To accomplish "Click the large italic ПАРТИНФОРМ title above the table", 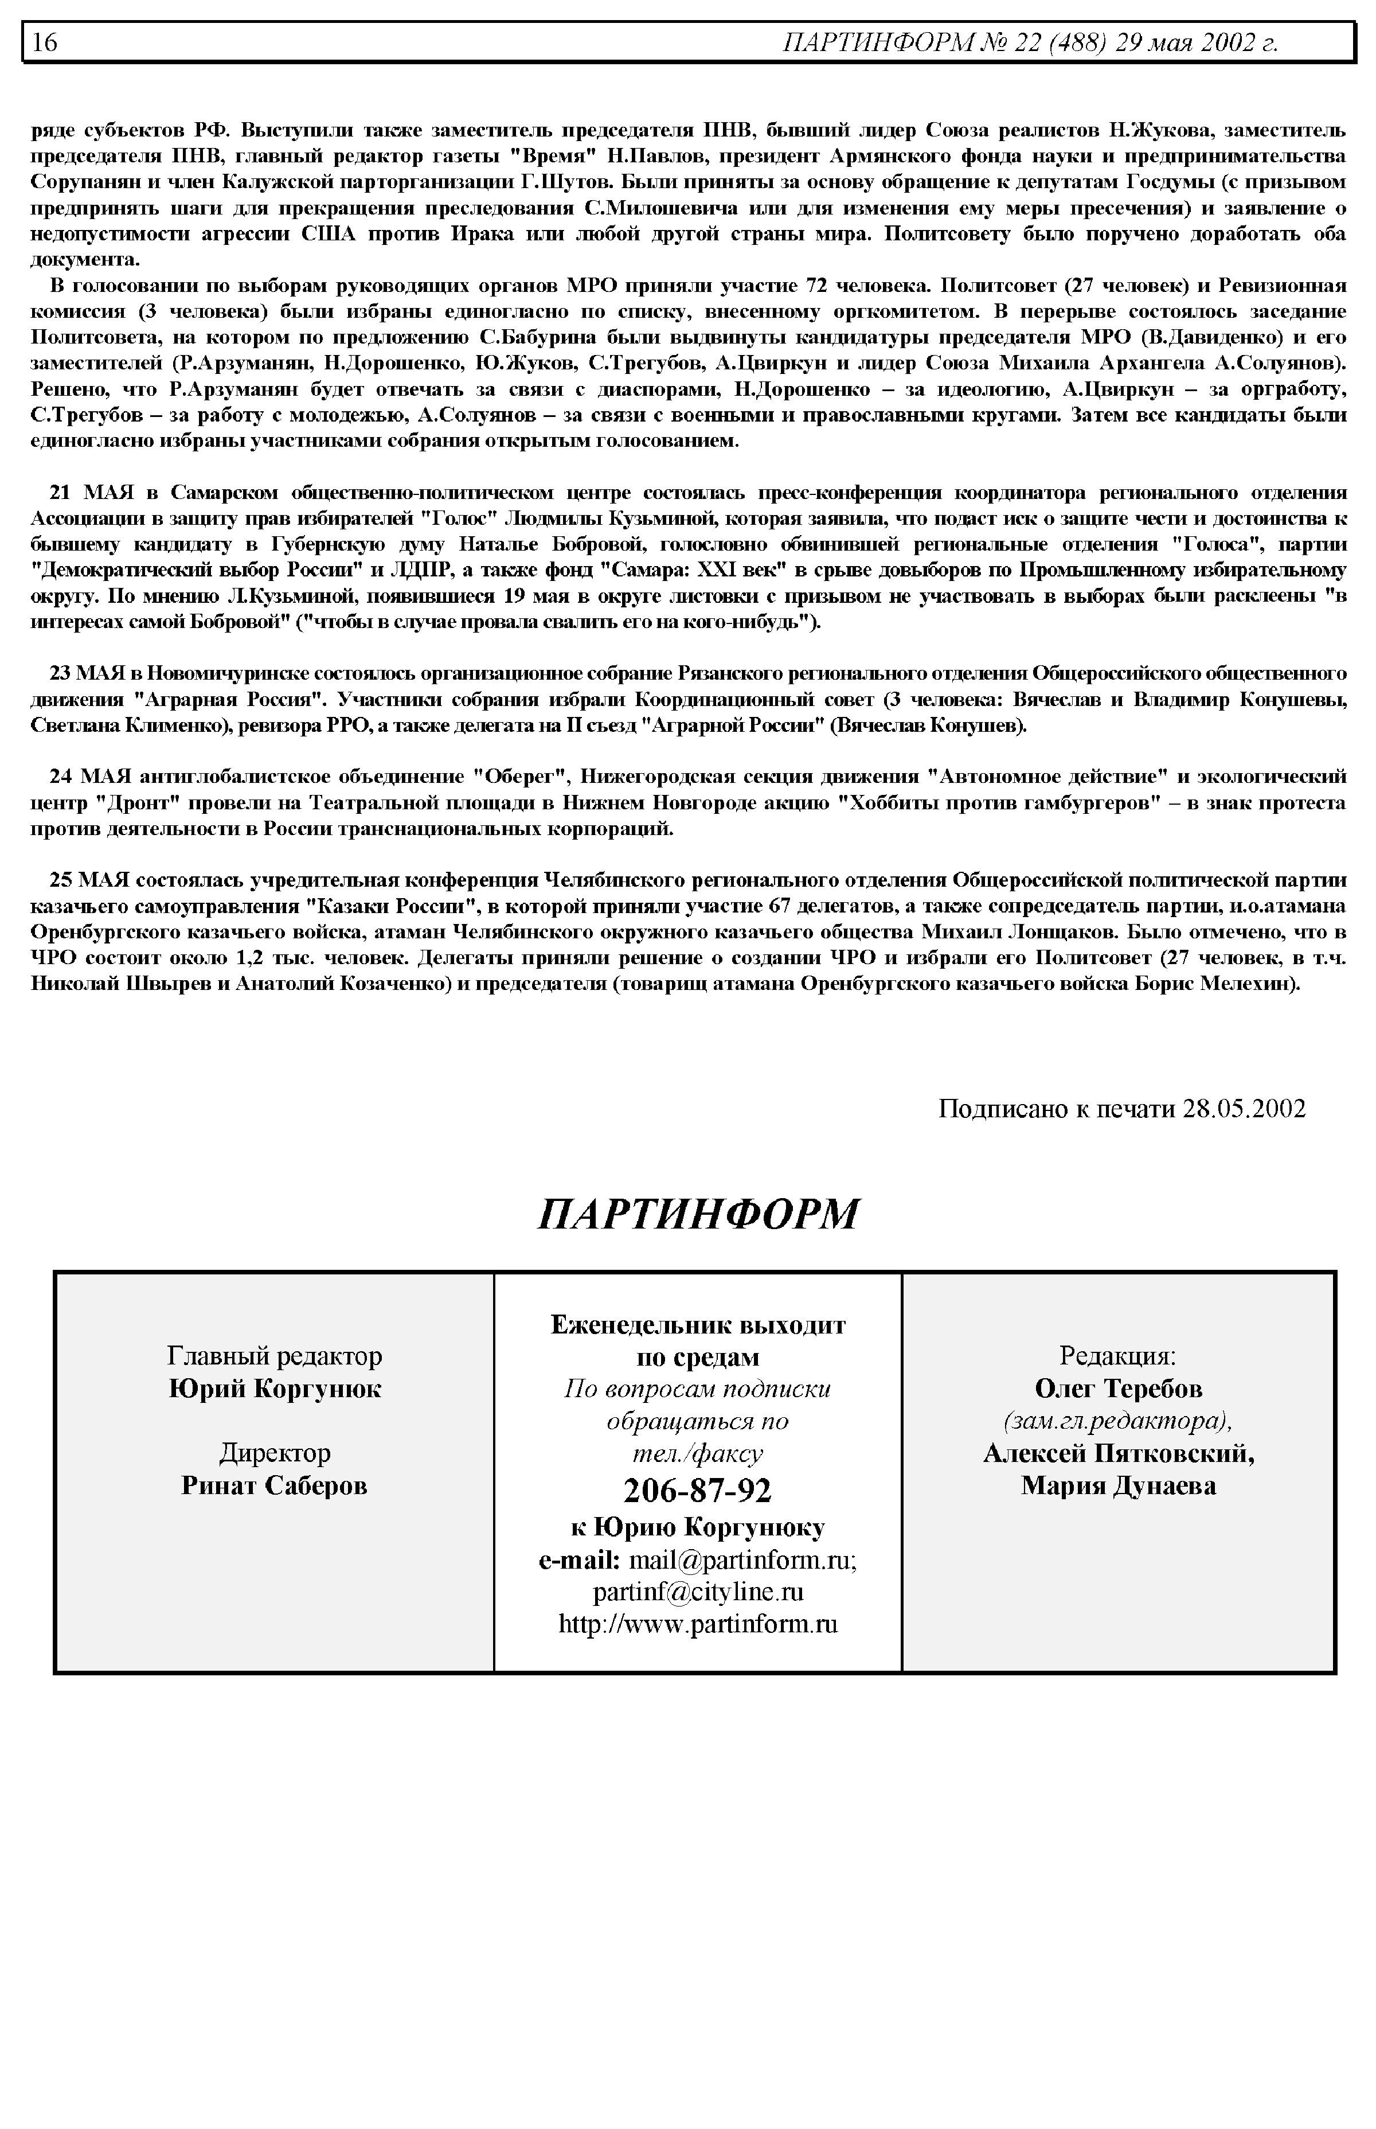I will point(698,1214).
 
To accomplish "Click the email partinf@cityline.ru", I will point(698,1591).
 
